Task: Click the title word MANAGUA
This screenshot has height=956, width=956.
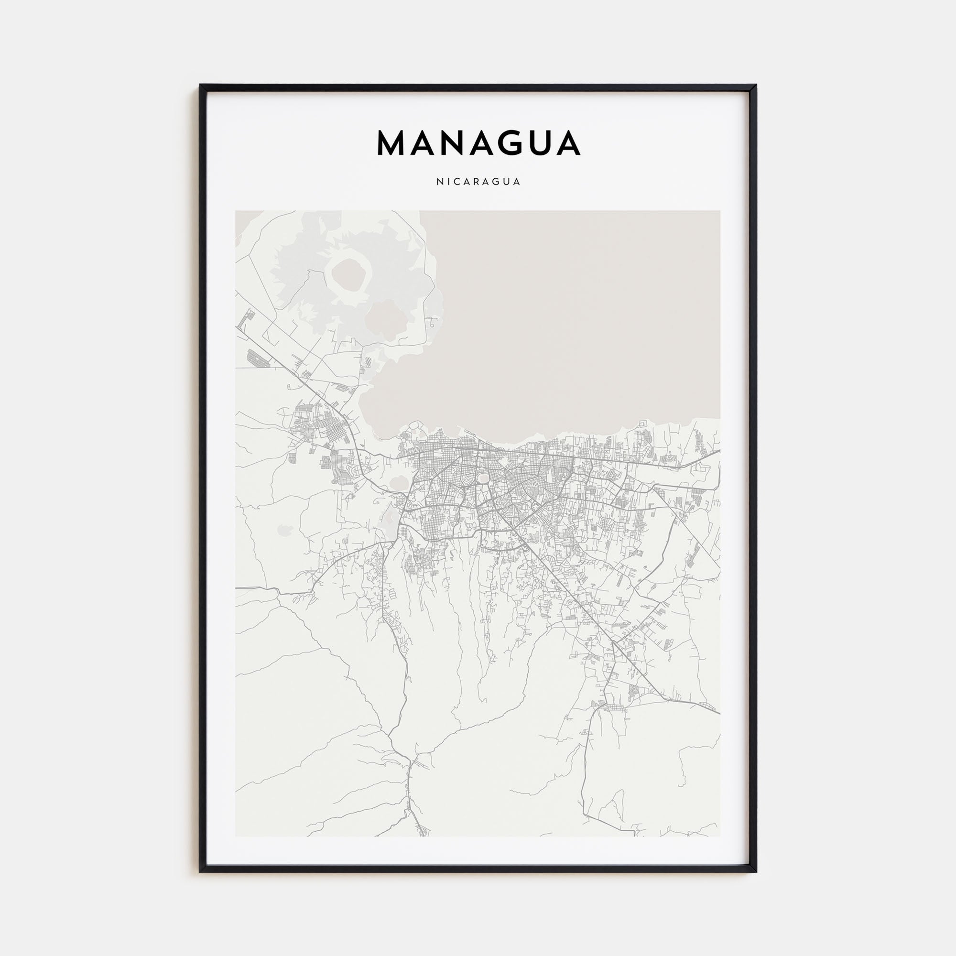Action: click(x=478, y=143)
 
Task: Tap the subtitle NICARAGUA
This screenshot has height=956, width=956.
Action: click(x=478, y=182)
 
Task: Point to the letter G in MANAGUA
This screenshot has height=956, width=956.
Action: click(x=512, y=143)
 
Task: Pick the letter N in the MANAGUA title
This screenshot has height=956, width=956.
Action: click(x=452, y=143)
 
